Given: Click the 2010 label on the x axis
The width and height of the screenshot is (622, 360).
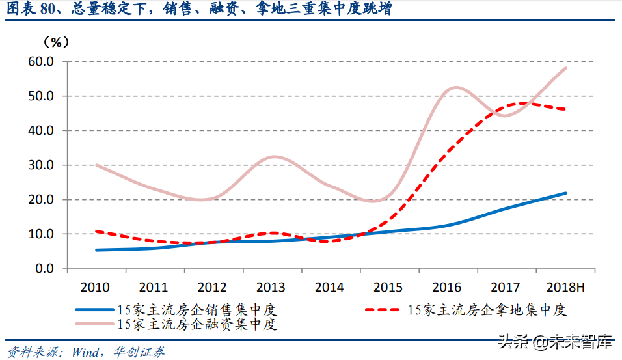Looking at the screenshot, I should pyautogui.click(x=95, y=287).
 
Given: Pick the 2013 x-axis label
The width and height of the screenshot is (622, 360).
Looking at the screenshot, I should pyautogui.click(x=271, y=287).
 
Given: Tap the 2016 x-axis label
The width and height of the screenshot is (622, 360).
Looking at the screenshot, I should pyautogui.click(x=446, y=287).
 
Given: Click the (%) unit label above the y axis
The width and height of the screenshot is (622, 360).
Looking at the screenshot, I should pyautogui.click(x=55, y=42).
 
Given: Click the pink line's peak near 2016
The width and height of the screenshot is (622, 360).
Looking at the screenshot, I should pyautogui.click(x=454, y=87).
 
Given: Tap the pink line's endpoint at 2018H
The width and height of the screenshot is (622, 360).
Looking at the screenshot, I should pyautogui.click(x=565, y=68).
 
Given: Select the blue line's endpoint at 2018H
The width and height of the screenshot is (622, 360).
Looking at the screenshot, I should pyautogui.click(x=565, y=193).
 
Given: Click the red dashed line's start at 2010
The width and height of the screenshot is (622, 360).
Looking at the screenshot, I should pyautogui.click(x=96, y=231).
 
